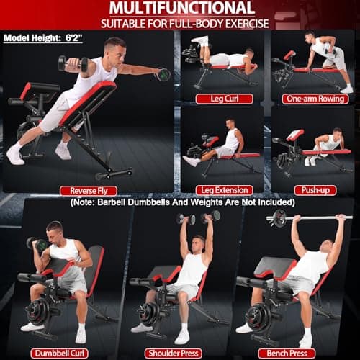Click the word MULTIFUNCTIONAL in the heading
pos(180,8)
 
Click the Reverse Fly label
pos(88,190)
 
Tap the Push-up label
pos(315,190)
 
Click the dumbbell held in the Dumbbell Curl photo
pos(37,244)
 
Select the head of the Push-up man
pos(339,135)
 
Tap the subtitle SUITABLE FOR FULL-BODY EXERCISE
pos(180,23)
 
